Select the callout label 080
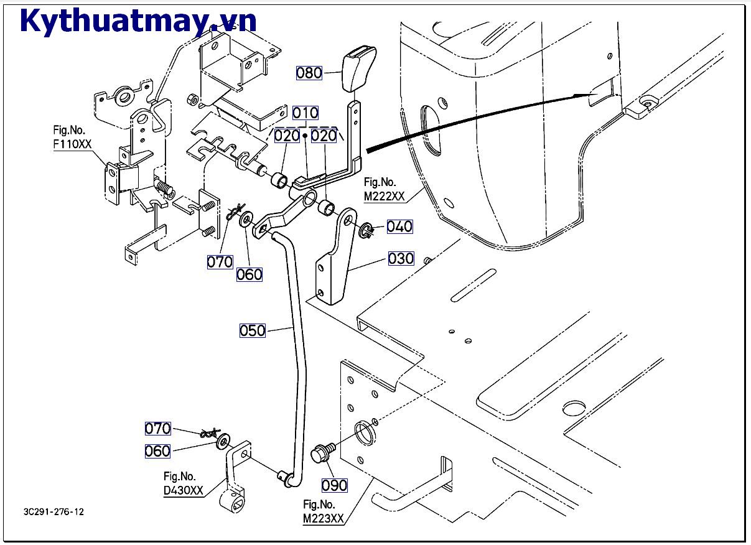coord(309,73)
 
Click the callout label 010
coord(306,113)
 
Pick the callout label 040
coord(399,226)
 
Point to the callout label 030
coord(401,258)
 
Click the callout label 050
coord(253,330)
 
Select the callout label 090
coord(335,485)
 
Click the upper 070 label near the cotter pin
coord(220,262)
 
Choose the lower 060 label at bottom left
coord(157,451)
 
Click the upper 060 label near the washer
coord(249,274)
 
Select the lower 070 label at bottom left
coord(157,429)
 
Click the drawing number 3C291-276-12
coord(54,512)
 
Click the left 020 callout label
coord(287,135)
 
